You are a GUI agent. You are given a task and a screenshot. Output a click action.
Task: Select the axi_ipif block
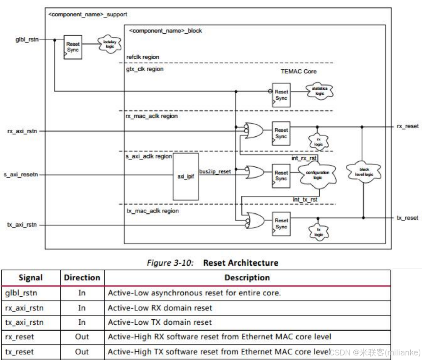186,176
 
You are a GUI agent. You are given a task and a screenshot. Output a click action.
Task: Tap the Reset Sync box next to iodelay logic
72,47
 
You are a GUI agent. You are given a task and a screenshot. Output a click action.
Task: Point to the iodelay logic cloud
110,44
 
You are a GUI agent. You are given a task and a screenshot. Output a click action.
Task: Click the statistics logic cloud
319,91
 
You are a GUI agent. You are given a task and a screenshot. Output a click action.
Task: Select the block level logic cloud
363,172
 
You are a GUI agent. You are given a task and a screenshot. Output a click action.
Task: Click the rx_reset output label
407,126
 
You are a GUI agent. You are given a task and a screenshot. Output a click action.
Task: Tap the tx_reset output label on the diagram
407,218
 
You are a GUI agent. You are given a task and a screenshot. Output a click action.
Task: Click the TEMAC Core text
298,71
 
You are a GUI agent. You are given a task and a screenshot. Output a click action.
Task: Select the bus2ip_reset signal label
215,171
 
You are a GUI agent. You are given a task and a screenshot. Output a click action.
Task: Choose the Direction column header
82,277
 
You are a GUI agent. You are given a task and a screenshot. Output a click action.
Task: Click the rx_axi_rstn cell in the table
24,308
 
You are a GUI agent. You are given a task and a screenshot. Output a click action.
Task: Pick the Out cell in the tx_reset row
82,351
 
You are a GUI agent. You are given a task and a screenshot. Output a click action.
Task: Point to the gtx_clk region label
145,69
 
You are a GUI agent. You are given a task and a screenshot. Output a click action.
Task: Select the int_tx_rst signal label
305,200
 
